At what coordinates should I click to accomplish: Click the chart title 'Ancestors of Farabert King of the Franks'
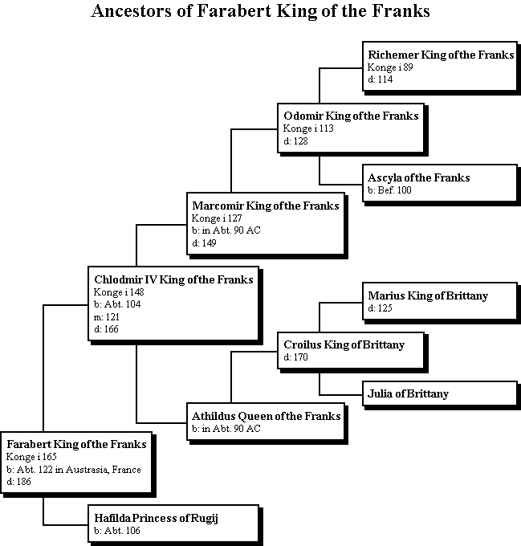click(260, 10)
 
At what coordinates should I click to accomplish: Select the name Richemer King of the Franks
click(441, 55)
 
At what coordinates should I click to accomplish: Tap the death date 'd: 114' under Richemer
click(381, 79)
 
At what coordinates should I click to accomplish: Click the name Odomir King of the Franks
click(351, 116)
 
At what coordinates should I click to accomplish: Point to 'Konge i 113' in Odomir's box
click(308, 128)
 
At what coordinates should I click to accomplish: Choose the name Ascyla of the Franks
click(419, 177)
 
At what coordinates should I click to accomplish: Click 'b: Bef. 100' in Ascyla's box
click(389, 190)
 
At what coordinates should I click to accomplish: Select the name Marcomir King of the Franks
click(266, 206)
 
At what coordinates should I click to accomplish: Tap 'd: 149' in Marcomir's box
click(204, 243)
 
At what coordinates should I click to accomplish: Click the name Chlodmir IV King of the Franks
click(173, 279)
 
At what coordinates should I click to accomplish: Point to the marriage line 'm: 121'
click(107, 317)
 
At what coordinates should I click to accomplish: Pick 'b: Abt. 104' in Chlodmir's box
click(117, 304)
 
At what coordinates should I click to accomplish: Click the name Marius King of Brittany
click(428, 295)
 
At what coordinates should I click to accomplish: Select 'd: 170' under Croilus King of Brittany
click(296, 357)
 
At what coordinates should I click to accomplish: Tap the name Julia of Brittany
click(408, 393)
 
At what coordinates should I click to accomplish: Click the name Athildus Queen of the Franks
click(267, 416)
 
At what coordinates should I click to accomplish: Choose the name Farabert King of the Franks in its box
click(76, 444)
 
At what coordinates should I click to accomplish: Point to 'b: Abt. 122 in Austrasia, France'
click(74, 470)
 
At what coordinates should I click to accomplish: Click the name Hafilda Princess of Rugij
click(157, 518)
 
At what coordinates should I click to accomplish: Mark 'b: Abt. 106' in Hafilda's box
click(117, 531)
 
